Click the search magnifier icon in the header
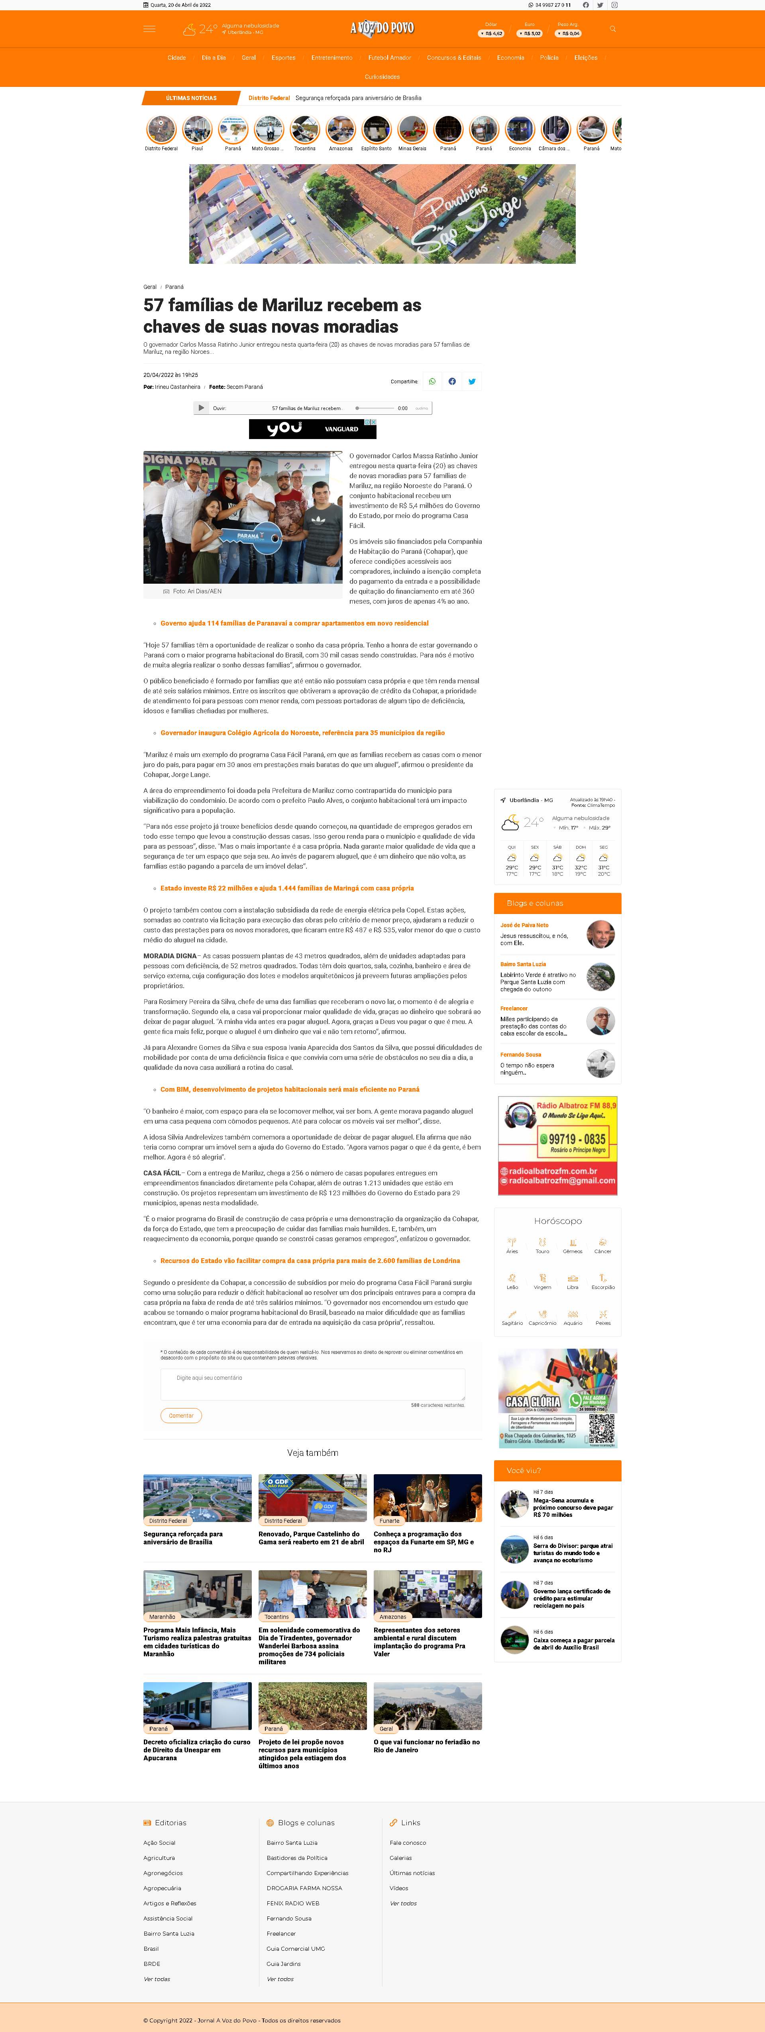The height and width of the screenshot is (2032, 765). pos(613,29)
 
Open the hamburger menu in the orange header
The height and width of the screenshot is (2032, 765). pos(149,29)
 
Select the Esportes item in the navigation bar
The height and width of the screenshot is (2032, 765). pos(283,58)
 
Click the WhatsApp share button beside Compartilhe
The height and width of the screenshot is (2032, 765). pos(432,382)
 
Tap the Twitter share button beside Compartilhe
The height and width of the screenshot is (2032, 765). pos(472,382)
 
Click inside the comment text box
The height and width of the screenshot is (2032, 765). pos(312,1385)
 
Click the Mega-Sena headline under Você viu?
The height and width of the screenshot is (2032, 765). pos(573,1507)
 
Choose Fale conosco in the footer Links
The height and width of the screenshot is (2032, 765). pos(408,1843)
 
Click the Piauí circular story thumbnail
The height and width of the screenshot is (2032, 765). pos(197,130)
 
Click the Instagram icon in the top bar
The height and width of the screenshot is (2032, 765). pos(614,5)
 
